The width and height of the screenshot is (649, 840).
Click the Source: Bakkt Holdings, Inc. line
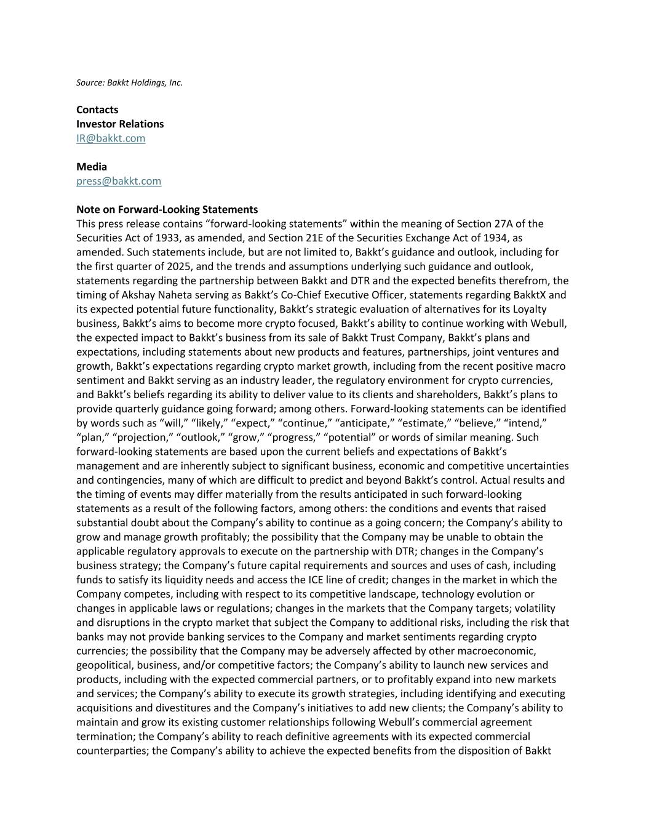click(129, 82)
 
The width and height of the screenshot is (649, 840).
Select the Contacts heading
click(97, 110)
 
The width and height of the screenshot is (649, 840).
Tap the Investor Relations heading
click(120, 124)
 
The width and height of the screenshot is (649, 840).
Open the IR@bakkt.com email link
click(111, 138)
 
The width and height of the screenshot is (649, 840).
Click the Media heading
click(92, 166)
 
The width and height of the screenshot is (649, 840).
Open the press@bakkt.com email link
click(119, 181)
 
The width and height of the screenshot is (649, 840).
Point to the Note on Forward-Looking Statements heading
click(167, 209)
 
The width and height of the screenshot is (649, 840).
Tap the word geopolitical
click(103, 665)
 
